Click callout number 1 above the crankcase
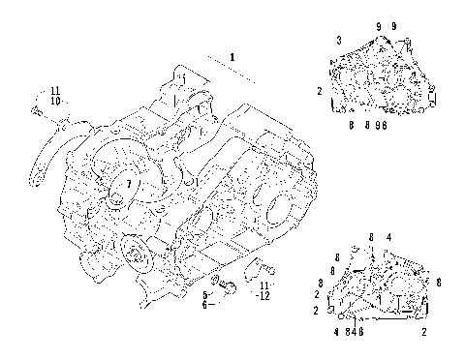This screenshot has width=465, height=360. pos(232,57)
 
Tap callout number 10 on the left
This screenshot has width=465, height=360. pos(56,101)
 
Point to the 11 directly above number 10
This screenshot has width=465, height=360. pos(56,90)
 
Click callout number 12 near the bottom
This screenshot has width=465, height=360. pos(263,297)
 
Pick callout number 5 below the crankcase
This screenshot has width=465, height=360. pos(204,292)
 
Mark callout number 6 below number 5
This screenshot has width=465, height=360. pos(204,304)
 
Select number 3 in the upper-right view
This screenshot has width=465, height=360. pos(338,38)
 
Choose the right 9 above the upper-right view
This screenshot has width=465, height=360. pos(394,23)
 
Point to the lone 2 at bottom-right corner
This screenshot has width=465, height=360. pos(425,332)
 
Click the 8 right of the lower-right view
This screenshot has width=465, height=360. pos(439,282)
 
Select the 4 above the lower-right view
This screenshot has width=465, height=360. pos(389,237)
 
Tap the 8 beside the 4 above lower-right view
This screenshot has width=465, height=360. pos(371,237)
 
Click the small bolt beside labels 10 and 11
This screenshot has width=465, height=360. pos(37,111)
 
